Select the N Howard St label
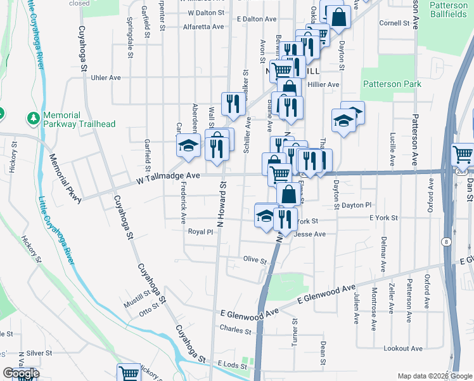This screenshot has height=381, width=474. pos(221,204)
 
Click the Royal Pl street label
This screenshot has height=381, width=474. pos(200,232)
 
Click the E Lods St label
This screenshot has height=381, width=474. pos(231,364)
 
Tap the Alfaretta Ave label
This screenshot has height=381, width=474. pos(203,27)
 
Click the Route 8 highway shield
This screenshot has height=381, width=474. pos(446,241)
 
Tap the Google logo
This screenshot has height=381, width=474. pos(21,373)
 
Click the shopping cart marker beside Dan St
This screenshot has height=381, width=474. pos(463,155)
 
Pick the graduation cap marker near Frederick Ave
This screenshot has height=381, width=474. pos(188,146)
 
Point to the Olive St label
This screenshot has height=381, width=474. pos(255,259)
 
